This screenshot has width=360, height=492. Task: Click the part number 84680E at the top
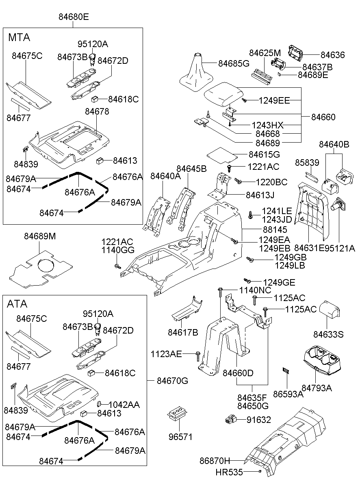(73, 17)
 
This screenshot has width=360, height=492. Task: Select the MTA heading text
(19, 37)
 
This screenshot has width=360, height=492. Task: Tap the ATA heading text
(17, 304)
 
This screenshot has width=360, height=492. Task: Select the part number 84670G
(173, 381)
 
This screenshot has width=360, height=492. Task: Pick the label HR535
(229, 472)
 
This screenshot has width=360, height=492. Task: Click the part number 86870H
(215, 461)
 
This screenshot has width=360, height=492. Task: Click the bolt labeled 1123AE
(198, 356)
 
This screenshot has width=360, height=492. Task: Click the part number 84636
(332, 55)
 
